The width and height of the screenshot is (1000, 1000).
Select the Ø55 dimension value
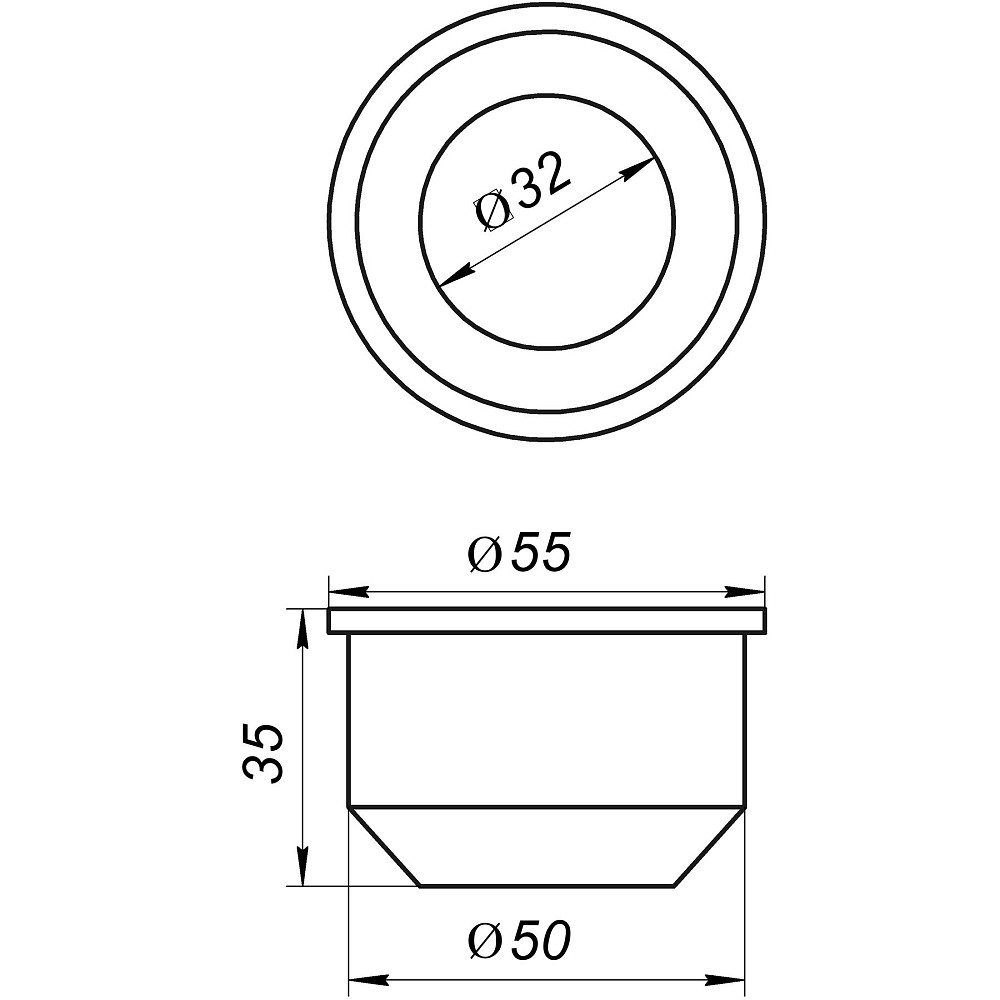[x=520, y=554]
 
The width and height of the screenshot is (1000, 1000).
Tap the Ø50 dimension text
[x=520, y=939]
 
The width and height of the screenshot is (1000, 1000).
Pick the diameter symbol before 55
[x=485, y=555]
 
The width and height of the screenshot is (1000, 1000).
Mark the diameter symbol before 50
[x=485, y=940]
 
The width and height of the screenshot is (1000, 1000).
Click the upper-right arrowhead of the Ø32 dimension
[x=639, y=169]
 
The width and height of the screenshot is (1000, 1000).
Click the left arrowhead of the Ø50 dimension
[x=363, y=977]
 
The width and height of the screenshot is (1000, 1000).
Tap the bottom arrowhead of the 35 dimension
[x=302, y=870]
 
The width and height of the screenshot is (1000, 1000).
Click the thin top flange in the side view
[x=547, y=621]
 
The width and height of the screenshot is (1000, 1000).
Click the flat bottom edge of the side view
[x=547, y=885]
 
